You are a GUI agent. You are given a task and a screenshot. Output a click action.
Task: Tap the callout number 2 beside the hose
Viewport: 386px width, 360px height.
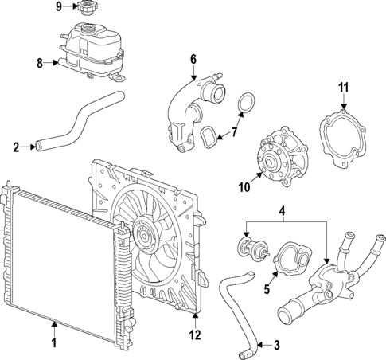[16, 146]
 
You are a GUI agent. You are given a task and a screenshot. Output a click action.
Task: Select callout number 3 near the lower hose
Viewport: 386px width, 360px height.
[277, 345]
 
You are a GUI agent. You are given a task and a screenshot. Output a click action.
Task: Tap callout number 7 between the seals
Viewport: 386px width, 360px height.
[234, 132]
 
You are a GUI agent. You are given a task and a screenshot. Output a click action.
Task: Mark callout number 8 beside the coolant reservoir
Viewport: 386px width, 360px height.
[40, 62]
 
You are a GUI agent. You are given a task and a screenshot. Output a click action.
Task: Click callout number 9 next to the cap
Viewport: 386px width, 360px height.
[58, 7]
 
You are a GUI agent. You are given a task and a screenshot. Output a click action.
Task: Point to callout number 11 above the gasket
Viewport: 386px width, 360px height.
[343, 87]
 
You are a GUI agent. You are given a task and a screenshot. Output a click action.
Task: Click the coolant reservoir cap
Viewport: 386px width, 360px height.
[85, 9]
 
